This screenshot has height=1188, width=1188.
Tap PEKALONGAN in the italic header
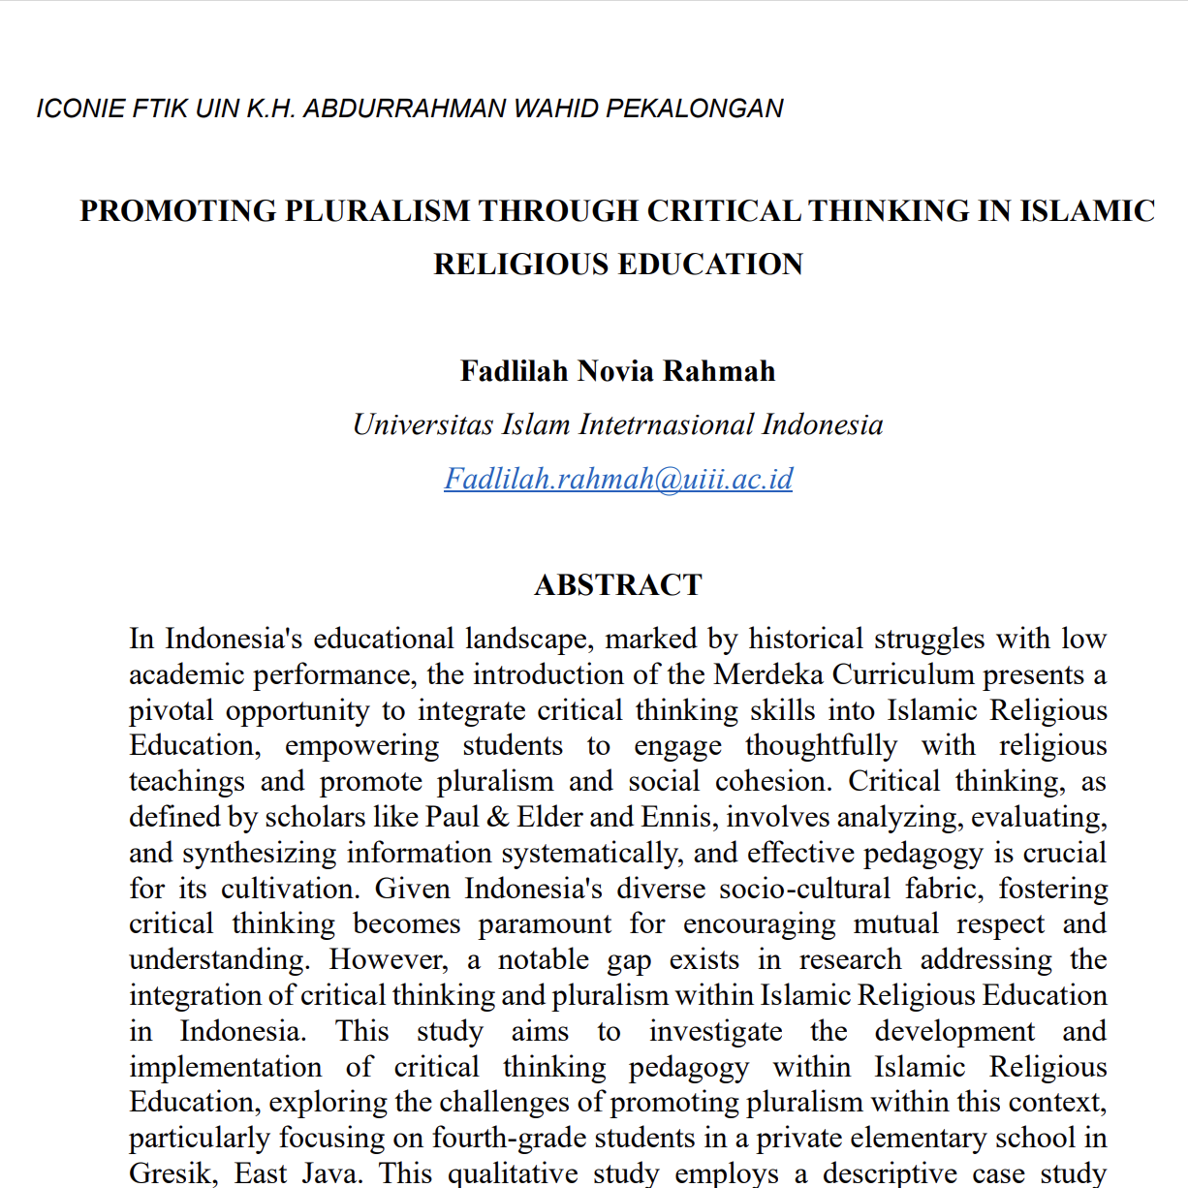pos(694,109)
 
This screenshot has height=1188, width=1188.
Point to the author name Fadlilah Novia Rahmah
pos(617,371)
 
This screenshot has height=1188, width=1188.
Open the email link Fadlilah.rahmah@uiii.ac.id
pos(618,479)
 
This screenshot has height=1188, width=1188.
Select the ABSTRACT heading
pos(617,585)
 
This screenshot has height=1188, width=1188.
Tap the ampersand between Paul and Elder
pos(498,817)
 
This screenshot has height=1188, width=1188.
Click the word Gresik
pos(171,1173)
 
